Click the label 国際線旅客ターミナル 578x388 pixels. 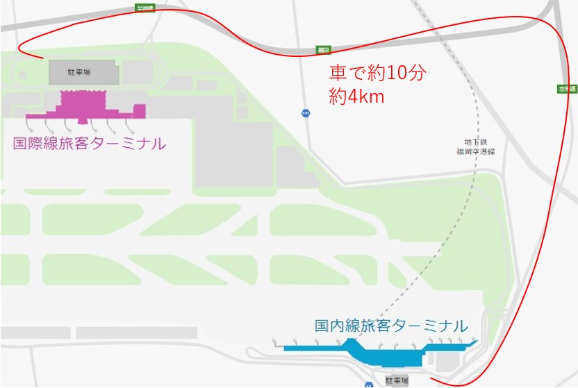coord(90,144)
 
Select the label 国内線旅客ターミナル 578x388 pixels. coord(390,325)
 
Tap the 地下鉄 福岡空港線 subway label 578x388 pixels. coord(475,146)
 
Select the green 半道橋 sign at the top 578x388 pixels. coord(145,7)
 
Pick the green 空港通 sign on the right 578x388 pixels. coord(565,88)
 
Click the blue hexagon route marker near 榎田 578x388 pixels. coord(304,112)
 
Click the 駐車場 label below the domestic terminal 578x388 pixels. coord(397,381)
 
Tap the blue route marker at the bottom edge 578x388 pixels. coord(368,384)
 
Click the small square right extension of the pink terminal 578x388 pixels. coord(139,110)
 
